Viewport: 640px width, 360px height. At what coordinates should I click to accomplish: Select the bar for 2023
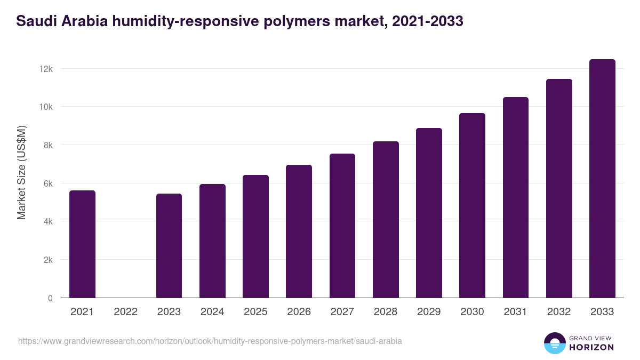pos(169,246)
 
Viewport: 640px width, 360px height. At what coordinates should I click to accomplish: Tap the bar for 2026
pos(299,231)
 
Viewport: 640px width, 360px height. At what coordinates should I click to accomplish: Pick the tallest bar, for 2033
pos(602,179)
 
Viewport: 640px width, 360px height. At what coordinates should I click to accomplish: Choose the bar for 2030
pos(472,205)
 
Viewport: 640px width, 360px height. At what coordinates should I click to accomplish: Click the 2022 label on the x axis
pos(125,312)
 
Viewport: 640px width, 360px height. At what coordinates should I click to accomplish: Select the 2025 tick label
pos(255,312)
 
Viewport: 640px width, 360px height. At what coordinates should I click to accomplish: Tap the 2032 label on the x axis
pos(559,312)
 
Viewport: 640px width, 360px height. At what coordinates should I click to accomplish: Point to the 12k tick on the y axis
pos(45,69)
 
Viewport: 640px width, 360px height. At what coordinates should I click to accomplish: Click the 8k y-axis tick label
pos(47,145)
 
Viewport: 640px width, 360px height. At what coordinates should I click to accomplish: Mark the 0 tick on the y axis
pos(50,298)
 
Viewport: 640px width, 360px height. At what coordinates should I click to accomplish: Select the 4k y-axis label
pos(47,221)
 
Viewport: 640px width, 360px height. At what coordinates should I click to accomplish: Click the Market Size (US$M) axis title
pos(21,172)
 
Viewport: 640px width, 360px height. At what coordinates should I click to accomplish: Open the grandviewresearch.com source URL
pos(210,341)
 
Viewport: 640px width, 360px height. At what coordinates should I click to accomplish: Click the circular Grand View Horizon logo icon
pos(554,343)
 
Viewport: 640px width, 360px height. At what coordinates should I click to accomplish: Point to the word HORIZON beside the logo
pos(592,347)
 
